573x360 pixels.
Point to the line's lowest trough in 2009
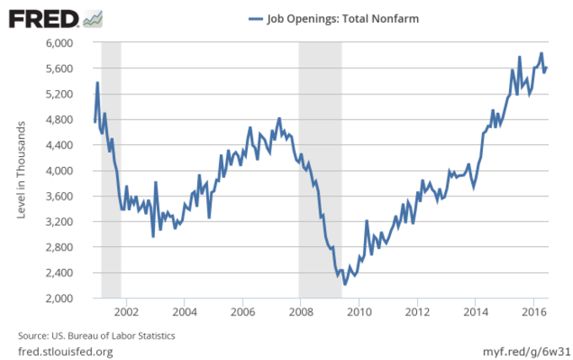point(345,284)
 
